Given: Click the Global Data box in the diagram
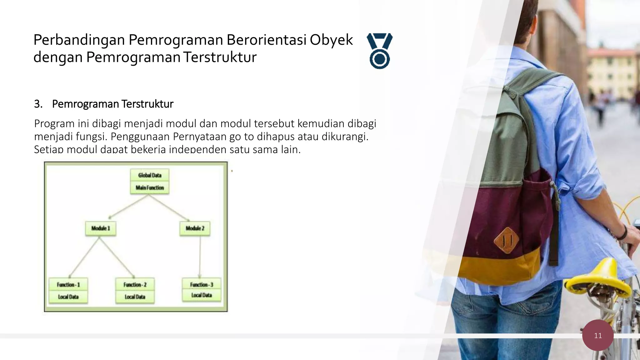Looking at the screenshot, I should coord(150,175).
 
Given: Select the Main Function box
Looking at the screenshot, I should coord(150,187).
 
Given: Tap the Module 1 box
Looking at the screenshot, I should coord(101,228).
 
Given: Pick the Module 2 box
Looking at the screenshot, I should coord(195,228).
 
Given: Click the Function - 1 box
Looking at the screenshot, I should coord(68,285).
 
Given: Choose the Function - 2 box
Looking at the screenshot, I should coord(135,285).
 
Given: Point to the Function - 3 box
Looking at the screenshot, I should coord(202,284).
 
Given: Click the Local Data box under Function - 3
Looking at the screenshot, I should coord(202,295).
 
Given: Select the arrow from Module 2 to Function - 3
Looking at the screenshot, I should coord(199,256).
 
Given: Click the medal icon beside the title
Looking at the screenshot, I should coord(380,51).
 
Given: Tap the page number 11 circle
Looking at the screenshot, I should coord(598,335).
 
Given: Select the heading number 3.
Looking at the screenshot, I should coord(38,104).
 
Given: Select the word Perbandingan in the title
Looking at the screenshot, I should coord(79,40).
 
